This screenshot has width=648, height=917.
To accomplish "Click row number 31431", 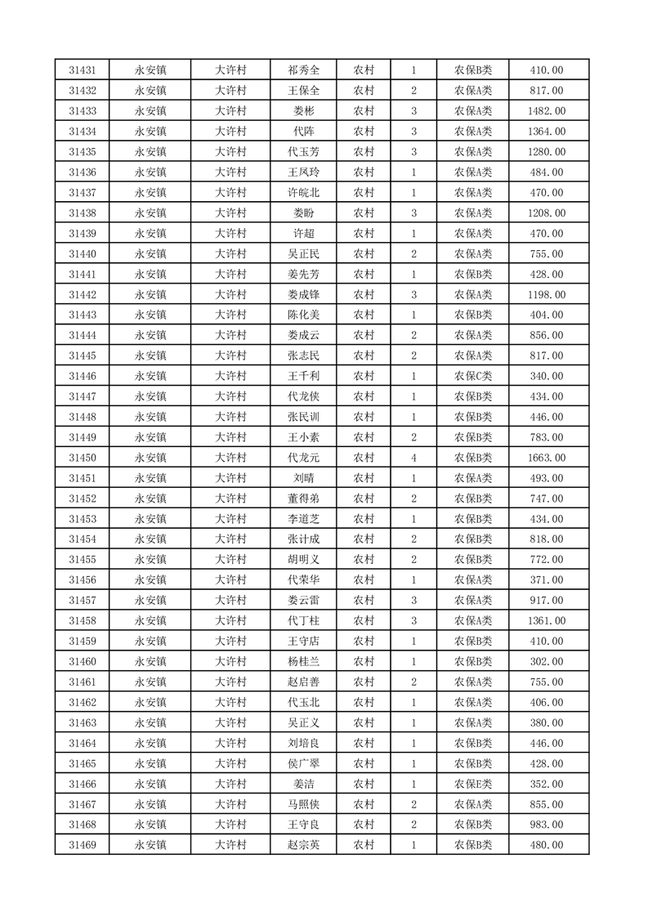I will tap(83, 70).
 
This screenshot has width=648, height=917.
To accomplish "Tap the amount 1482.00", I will tap(546, 111).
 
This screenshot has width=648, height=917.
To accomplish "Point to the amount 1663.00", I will tap(546, 458).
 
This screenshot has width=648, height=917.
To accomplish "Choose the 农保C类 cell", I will tap(473, 376).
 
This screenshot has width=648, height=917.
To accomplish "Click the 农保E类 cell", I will tap(473, 784).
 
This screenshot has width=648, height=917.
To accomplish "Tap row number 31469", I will tap(83, 845).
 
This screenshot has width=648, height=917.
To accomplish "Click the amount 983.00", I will tap(546, 825).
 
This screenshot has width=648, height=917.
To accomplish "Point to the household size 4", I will tap(414, 458).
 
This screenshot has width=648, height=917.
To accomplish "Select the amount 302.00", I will tap(546, 661).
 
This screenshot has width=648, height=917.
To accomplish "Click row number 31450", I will tap(83, 458).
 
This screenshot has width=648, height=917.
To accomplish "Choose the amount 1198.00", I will tap(546, 294).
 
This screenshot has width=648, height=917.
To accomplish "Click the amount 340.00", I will tap(546, 376).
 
